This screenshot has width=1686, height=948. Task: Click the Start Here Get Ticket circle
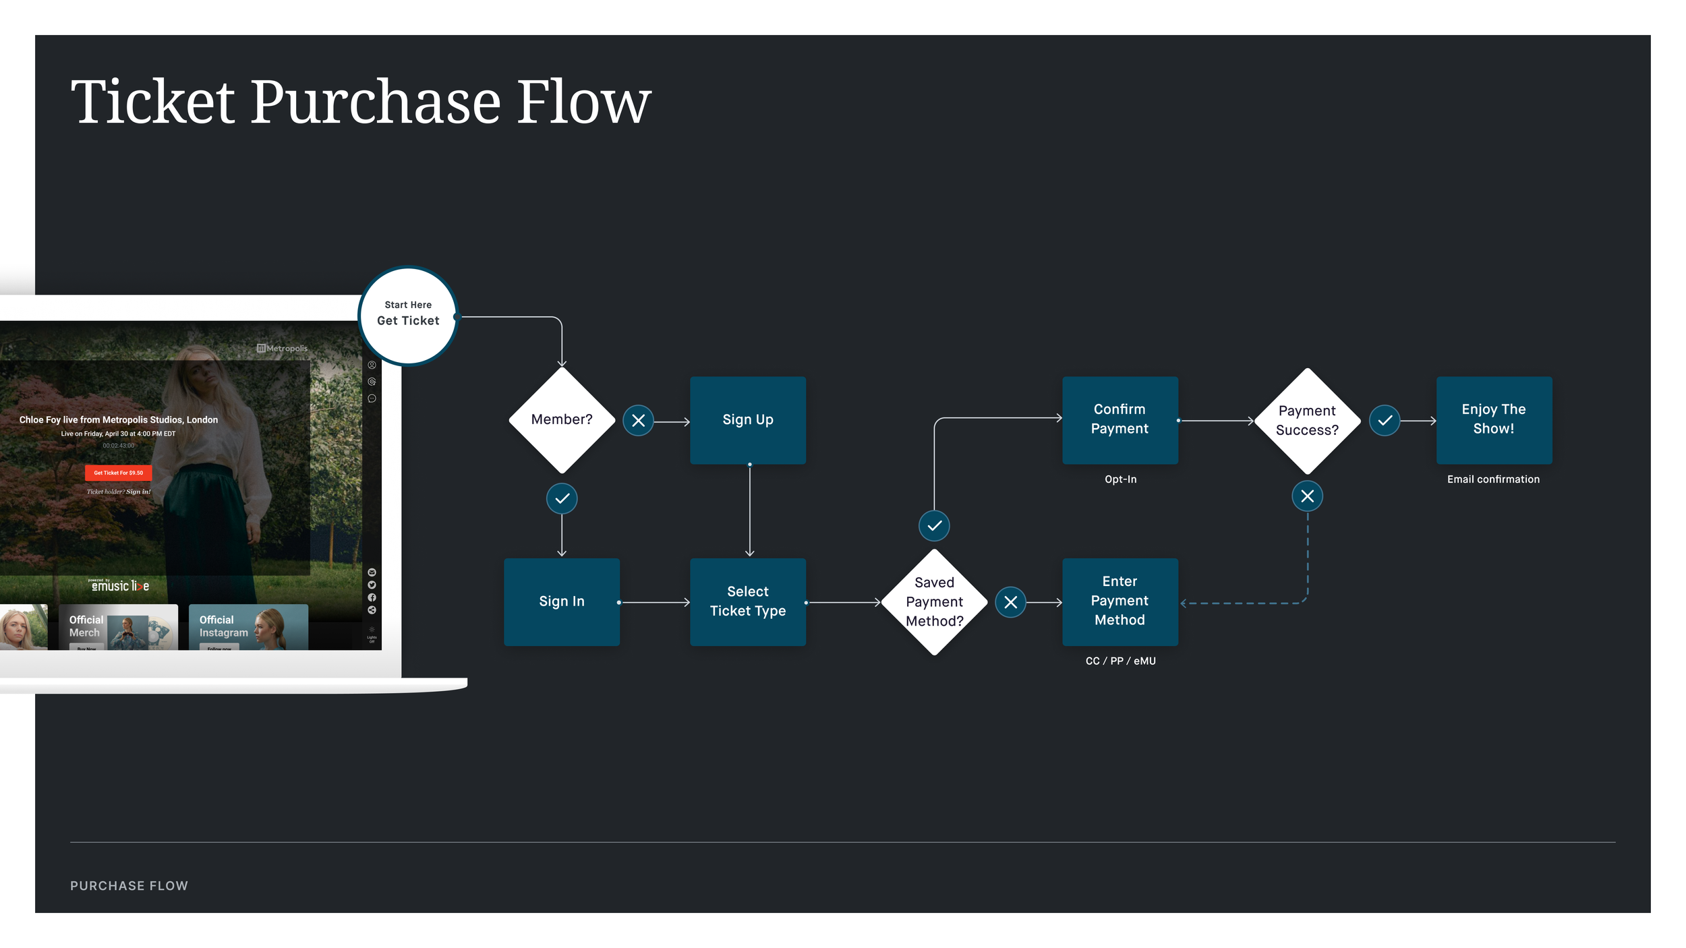pos(408,316)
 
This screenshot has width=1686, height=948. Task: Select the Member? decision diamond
pos(562,420)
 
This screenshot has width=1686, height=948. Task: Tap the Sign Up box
pos(748,420)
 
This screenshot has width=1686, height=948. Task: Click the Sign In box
pos(562,601)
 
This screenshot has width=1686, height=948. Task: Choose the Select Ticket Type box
pos(748,601)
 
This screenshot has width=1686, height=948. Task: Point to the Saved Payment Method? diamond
pos(934,601)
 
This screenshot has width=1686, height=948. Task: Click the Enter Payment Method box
pos(1120,601)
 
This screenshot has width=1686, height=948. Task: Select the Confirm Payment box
pos(1120,419)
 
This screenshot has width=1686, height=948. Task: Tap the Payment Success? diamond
pos(1307,421)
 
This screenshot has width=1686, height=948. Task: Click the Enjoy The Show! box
pos(1494,419)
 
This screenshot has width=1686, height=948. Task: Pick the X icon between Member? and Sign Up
pos(638,421)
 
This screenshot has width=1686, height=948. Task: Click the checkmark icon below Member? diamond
pos(562,499)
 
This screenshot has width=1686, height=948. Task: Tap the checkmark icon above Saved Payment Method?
pos(934,526)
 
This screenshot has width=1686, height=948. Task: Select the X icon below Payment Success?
pos(1307,497)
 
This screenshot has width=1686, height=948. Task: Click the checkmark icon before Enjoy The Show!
pos(1385,421)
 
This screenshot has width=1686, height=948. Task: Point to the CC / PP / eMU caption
pos(1120,661)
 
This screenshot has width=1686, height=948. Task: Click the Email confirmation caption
pos(1493,479)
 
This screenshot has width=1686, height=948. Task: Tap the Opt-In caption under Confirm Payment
pos(1120,479)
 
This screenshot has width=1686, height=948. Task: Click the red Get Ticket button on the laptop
pos(119,473)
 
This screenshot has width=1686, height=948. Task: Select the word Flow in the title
pos(583,102)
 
